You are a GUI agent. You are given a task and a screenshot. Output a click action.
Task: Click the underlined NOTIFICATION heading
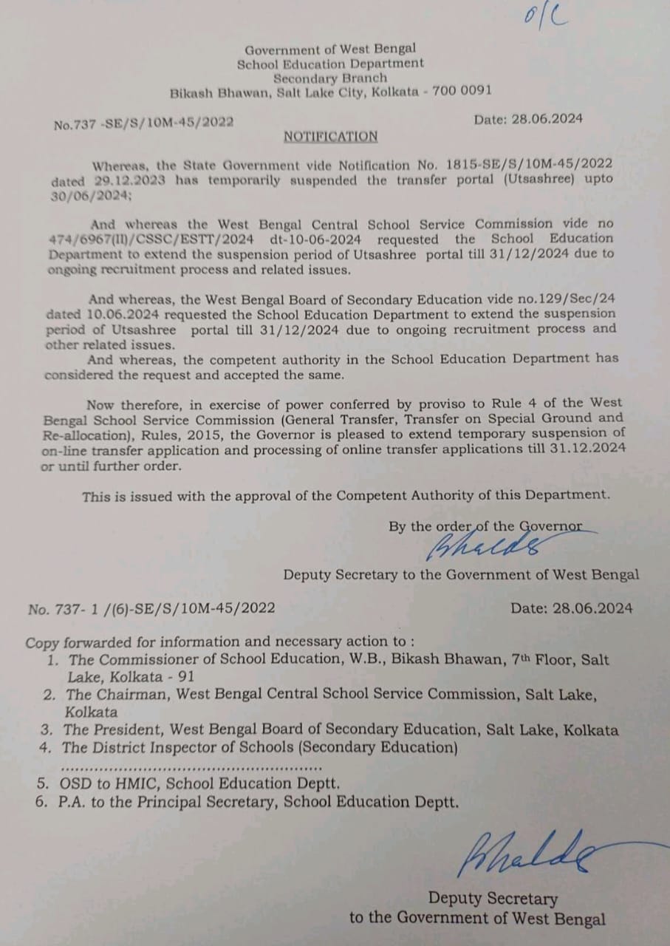pos(330,137)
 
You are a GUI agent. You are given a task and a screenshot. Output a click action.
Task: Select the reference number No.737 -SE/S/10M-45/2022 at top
pos(143,124)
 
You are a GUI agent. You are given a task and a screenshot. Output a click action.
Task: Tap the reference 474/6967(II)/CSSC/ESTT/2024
pos(153,239)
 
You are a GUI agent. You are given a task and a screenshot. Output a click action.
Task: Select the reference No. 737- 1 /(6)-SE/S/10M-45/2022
pos(151,608)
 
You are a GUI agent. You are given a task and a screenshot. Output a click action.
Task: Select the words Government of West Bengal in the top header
pos(331,50)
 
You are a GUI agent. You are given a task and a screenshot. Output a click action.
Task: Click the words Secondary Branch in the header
pos(330,78)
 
